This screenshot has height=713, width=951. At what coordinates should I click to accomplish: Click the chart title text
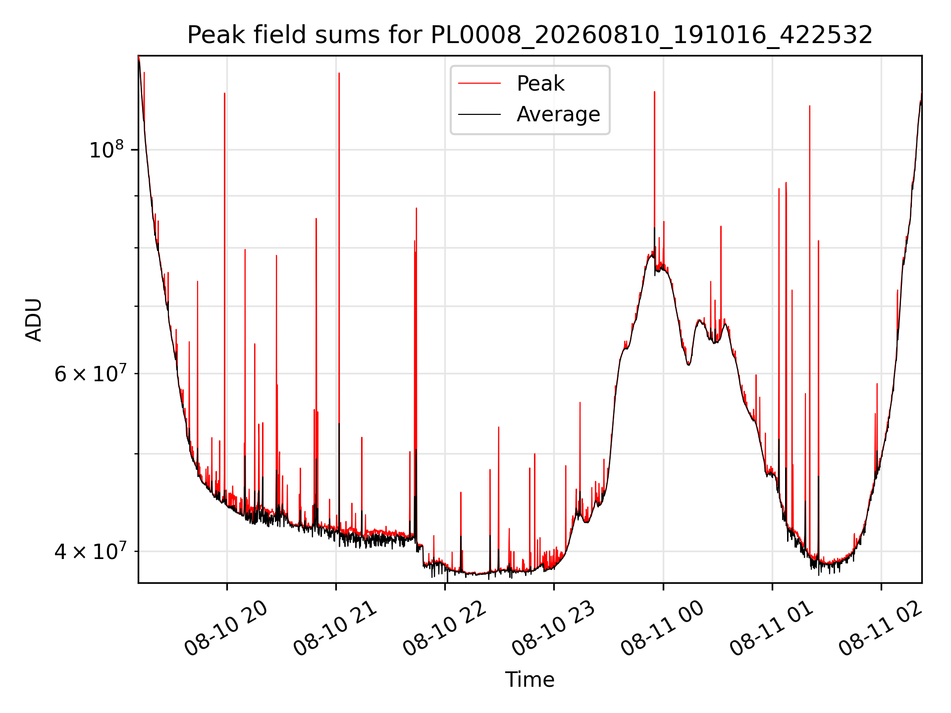tap(529, 35)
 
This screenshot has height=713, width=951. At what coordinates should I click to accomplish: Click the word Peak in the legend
tap(540, 83)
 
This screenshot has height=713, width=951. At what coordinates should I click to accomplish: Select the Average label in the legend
tap(558, 114)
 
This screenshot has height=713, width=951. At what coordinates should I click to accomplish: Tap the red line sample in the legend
tap(479, 83)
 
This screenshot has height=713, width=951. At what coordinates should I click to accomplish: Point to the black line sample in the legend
tap(479, 114)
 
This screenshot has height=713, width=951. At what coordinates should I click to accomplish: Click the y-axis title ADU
tap(34, 319)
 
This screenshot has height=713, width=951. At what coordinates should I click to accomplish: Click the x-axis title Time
tap(529, 680)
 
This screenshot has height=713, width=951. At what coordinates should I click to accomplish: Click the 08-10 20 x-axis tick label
tap(226, 629)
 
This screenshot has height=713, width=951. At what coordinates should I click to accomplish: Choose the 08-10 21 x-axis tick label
tap(335, 629)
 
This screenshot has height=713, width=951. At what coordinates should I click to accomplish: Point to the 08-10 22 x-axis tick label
tap(444, 629)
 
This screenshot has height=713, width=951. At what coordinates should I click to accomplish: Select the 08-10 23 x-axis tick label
tap(553, 629)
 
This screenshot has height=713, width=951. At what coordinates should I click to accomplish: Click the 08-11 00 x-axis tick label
tap(662, 629)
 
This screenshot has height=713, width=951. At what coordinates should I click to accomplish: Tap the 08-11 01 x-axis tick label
tap(772, 629)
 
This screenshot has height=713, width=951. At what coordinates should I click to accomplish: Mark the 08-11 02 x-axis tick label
tap(881, 629)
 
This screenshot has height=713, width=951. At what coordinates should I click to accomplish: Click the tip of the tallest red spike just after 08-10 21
tap(339, 73)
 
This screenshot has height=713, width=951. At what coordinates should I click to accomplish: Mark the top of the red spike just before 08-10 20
tap(224, 93)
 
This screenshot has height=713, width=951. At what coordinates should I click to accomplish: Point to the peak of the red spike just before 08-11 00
tap(654, 92)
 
